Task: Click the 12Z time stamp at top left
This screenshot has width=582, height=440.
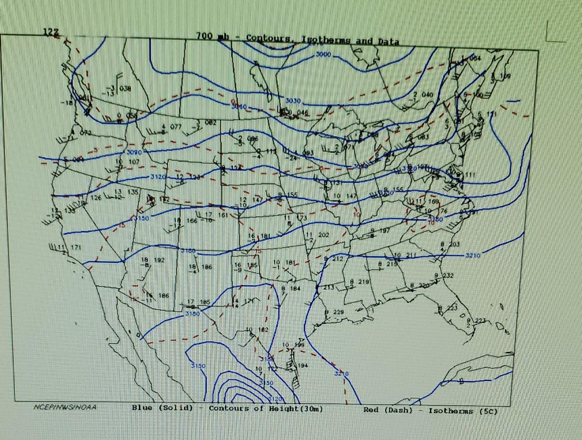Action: coord(51,32)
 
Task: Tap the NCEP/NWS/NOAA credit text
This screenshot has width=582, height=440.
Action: coord(65,407)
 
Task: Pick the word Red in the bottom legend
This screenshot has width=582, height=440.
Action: coord(371,410)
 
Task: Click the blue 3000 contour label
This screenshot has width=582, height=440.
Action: coord(324,54)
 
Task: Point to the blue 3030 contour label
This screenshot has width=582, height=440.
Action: coord(293,100)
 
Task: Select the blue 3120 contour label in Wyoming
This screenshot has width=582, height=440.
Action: coord(158,177)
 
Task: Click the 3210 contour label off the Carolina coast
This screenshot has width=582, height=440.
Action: coord(473,255)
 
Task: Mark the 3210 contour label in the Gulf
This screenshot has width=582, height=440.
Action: coord(341,373)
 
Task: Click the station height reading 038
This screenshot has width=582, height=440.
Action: coord(125,88)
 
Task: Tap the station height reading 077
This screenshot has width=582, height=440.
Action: coord(176,127)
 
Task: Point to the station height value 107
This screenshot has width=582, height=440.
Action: coord(134,162)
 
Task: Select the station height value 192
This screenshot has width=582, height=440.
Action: coord(159,260)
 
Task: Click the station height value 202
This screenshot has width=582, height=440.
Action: coord(324,235)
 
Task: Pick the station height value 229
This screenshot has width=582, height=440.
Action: coord(338,312)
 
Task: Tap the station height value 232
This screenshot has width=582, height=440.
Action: coord(448,275)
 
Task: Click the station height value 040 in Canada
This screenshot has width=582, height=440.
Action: coord(427,95)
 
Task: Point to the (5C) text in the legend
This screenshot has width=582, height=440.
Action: coord(488,411)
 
